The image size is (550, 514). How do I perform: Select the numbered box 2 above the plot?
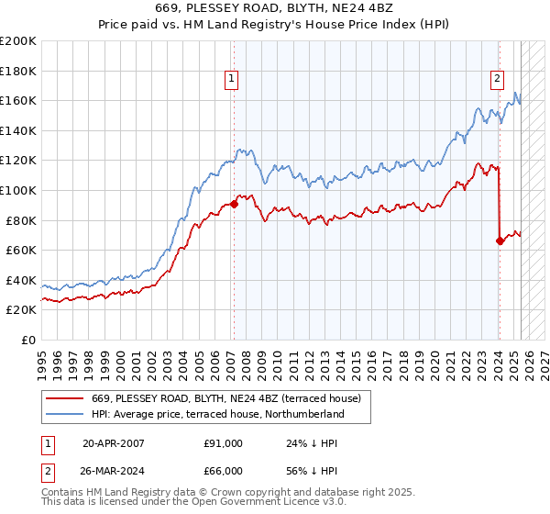coord(497,79)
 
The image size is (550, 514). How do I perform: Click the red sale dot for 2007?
coord(234,204)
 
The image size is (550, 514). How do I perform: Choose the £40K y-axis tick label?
coord(20,280)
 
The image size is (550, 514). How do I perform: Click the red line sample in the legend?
coord(65,398)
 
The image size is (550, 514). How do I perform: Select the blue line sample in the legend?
coord(65,415)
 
